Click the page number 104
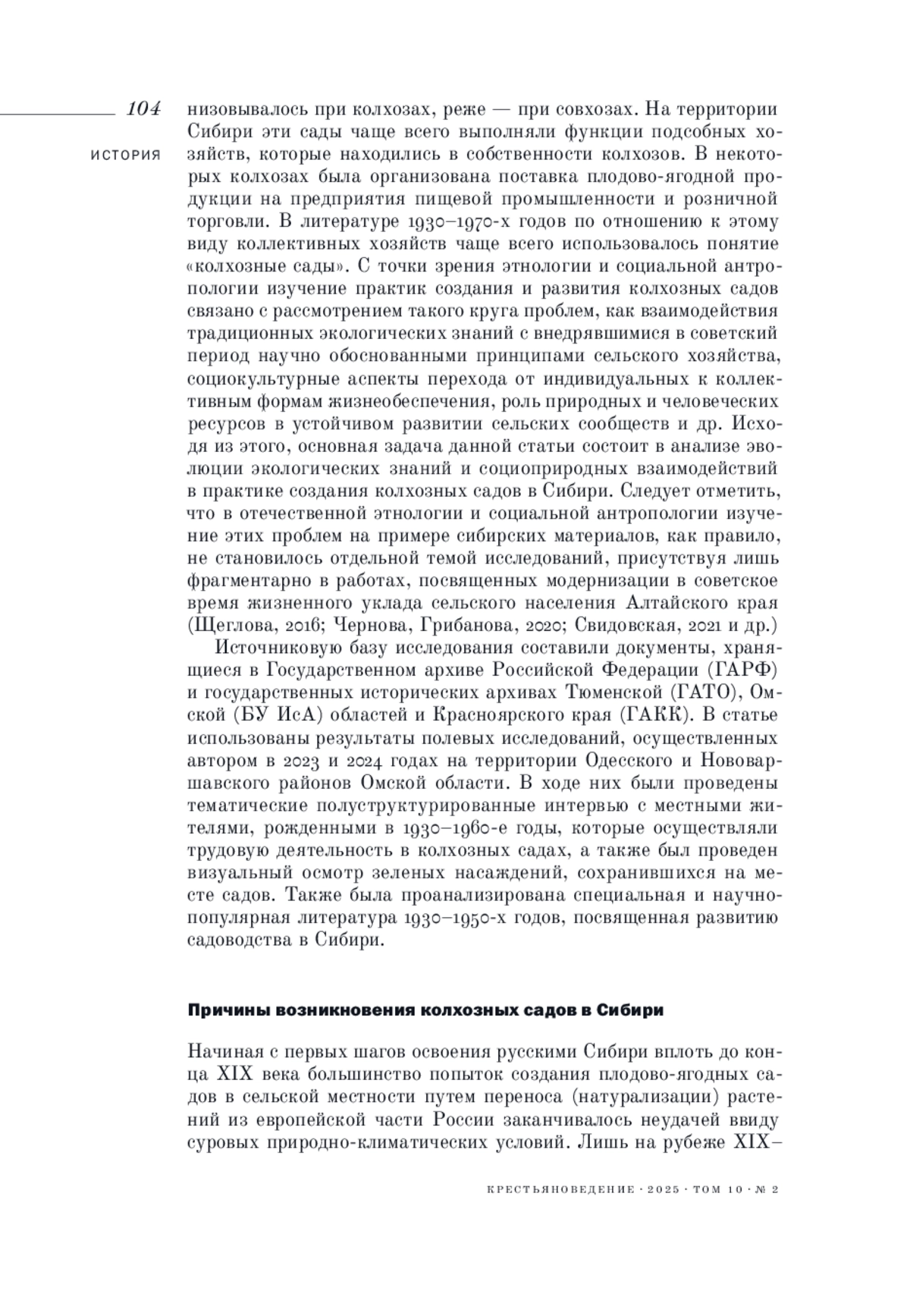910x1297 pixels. pyautogui.click(x=144, y=108)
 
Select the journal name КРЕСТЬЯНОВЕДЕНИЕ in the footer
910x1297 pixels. pyautogui.click(x=559, y=1190)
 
